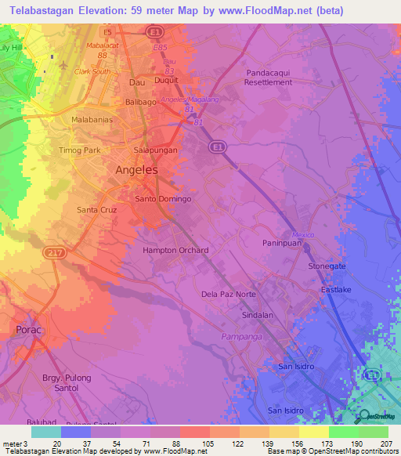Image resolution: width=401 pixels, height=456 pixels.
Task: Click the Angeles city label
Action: (136, 170)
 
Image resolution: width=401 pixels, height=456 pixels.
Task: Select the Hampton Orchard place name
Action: (175, 251)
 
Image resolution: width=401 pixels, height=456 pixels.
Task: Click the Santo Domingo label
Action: (163, 199)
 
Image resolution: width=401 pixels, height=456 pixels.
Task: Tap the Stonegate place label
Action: (327, 266)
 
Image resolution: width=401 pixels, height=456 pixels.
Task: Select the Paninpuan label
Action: (281, 244)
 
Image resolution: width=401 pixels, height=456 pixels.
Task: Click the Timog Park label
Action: (81, 150)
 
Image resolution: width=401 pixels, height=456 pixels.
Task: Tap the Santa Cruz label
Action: (97, 210)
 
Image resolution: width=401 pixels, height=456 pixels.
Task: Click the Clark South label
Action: (92, 71)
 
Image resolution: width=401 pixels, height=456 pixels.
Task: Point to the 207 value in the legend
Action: (386, 443)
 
